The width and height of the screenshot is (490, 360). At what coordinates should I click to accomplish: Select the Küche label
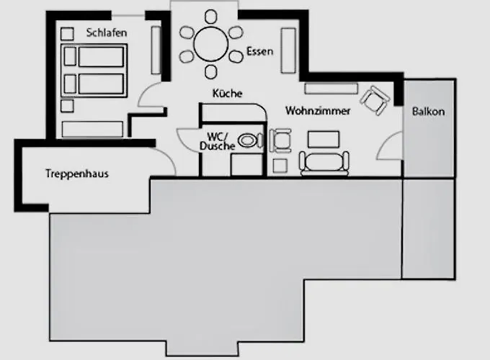click(x=227, y=94)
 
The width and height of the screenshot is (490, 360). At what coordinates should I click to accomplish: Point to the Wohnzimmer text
click(x=318, y=112)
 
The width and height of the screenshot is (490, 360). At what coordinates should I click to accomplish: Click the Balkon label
click(x=428, y=112)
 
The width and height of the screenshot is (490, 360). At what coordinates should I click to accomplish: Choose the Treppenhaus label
click(x=76, y=174)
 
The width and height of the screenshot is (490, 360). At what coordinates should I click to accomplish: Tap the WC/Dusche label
click(x=220, y=142)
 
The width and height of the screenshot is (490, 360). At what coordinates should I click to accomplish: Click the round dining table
click(x=213, y=45)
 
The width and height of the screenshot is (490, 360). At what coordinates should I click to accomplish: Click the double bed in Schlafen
click(x=93, y=71)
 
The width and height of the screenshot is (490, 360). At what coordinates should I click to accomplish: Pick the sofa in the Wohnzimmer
click(x=326, y=163)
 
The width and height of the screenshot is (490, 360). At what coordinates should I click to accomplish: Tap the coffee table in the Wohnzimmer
click(x=324, y=139)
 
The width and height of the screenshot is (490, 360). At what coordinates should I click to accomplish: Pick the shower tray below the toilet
click(x=245, y=164)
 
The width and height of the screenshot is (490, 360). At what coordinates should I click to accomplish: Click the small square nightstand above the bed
click(x=68, y=34)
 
